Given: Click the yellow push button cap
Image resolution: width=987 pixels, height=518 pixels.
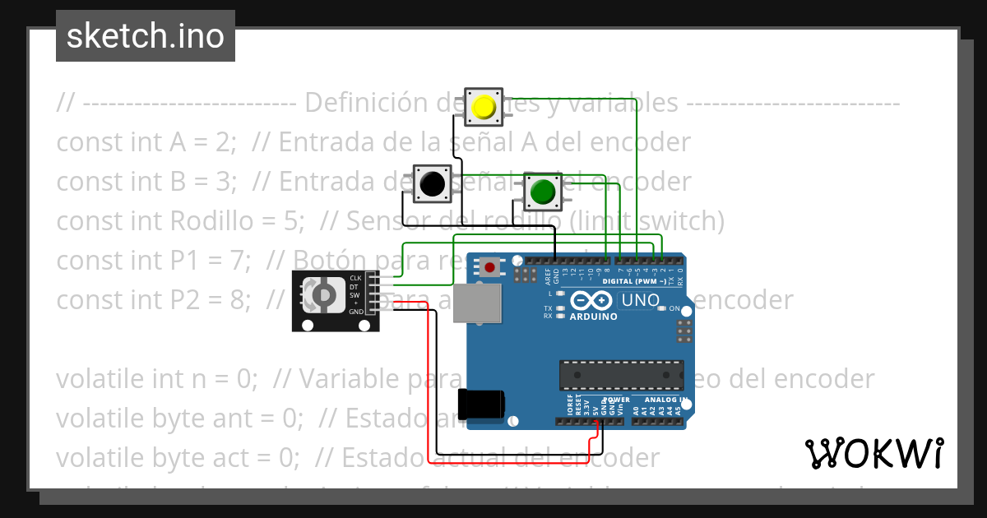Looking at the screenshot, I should pyautogui.click(x=484, y=107).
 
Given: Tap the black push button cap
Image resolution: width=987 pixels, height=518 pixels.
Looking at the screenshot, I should pyautogui.click(x=431, y=183).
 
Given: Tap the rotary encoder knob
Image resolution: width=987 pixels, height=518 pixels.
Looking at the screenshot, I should pyautogui.click(x=323, y=294).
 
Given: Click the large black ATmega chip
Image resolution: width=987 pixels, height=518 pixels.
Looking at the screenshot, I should pyautogui.click(x=621, y=374).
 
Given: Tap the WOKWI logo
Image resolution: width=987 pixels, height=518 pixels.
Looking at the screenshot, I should pyautogui.click(x=873, y=453).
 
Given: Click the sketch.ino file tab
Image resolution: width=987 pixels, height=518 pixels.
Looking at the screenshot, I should pyautogui.click(x=146, y=36).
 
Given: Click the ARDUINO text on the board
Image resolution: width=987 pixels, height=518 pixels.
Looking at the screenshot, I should pyautogui.click(x=592, y=317).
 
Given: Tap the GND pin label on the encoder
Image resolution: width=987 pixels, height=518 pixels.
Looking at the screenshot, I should pyautogui.click(x=356, y=312).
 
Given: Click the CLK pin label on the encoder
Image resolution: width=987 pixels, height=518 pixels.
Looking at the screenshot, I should pyautogui.click(x=355, y=278).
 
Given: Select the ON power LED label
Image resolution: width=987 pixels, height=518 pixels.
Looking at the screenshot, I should pyautogui.click(x=674, y=308).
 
